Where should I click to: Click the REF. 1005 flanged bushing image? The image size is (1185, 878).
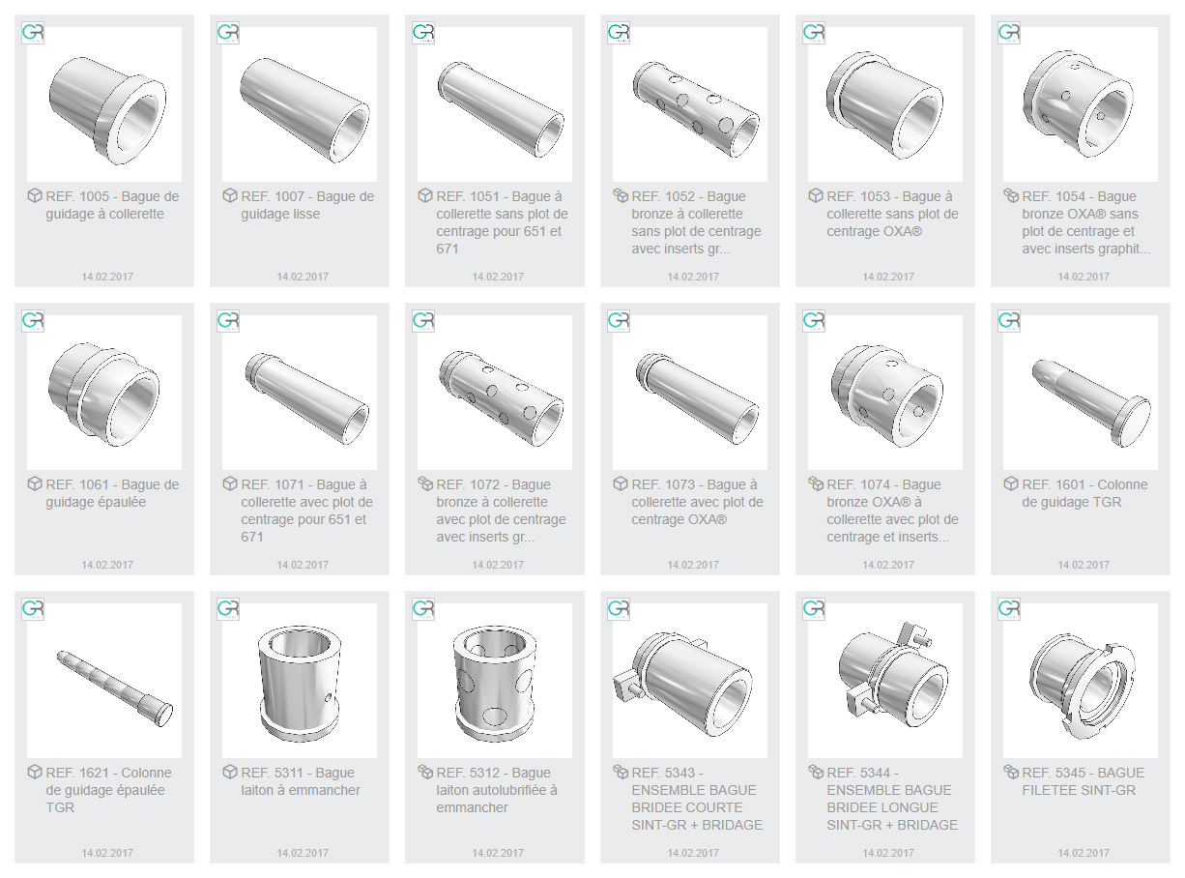107,109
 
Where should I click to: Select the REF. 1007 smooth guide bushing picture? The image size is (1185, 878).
304,109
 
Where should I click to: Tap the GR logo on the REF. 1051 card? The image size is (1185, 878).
423,33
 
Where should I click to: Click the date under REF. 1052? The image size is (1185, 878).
693,277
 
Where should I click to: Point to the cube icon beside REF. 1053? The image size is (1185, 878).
815,195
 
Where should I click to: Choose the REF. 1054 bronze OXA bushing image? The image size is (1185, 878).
1078,103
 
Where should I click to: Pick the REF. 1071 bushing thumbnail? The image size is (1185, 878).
306,397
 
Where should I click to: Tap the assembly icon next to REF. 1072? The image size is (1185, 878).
425,483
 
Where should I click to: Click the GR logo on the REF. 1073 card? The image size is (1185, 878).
619,321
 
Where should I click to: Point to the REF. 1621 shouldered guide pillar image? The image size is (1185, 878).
115,688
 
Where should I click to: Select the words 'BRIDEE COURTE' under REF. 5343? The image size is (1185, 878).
686,807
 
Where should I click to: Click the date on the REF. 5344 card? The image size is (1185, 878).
888,853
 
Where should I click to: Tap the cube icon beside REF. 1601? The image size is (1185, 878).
1010,483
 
